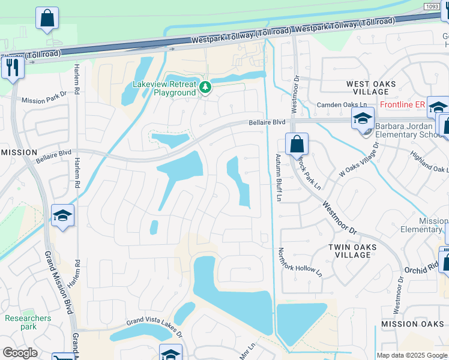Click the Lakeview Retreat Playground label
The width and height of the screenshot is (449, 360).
[166, 89]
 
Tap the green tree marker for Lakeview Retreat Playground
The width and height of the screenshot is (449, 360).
[206, 88]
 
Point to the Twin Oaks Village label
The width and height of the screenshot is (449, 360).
[353, 251]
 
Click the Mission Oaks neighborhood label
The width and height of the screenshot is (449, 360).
[412, 324]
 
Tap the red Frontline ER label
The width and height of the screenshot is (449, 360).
[402, 104]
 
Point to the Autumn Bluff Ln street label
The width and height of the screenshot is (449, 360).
[278, 177]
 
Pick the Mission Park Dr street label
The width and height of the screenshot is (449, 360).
[44, 98]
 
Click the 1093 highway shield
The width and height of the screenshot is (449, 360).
[432, 7]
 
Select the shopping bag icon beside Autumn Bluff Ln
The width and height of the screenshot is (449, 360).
[297, 145]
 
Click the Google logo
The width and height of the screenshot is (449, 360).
[20, 353]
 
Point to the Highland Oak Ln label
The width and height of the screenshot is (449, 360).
[428, 159]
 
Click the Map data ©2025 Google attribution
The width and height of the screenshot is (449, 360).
[411, 355]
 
